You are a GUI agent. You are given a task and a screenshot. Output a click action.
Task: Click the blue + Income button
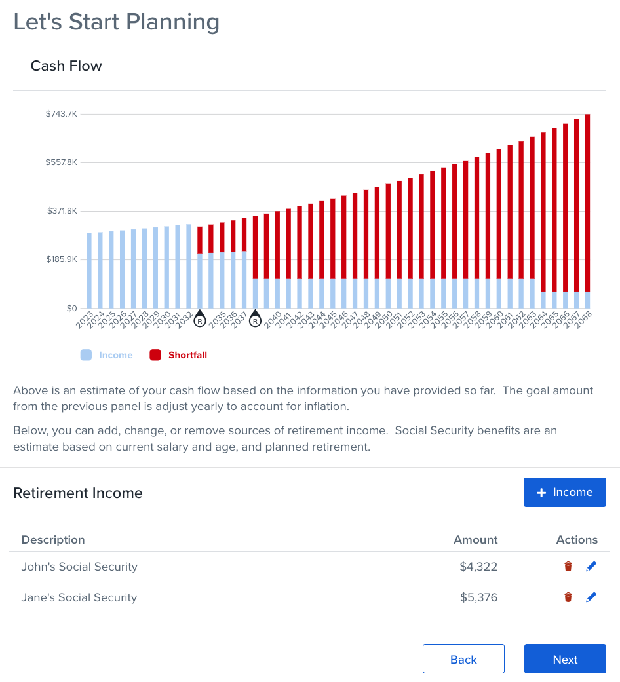(564, 492)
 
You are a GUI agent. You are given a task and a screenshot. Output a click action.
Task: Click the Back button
(463, 659)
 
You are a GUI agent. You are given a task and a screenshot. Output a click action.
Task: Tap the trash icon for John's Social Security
(568, 567)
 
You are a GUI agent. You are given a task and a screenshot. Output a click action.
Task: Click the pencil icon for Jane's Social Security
(591, 597)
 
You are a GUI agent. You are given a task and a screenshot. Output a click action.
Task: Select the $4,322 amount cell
(478, 567)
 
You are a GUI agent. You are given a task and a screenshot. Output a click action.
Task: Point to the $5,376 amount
(478, 597)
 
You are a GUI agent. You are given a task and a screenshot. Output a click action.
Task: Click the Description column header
(53, 540)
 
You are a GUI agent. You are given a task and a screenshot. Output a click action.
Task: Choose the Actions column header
(577, 540)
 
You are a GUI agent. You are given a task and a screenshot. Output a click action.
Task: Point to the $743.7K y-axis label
(62, 114)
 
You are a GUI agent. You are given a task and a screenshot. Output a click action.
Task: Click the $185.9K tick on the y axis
(62, 259)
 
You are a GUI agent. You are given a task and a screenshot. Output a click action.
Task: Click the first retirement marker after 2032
(200, 320)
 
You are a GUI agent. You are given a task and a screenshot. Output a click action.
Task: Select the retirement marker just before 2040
(255, 320)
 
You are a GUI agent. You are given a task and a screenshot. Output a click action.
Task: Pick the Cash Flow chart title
(66, 66)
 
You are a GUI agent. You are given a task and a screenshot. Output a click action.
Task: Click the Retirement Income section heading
(78, 493)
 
